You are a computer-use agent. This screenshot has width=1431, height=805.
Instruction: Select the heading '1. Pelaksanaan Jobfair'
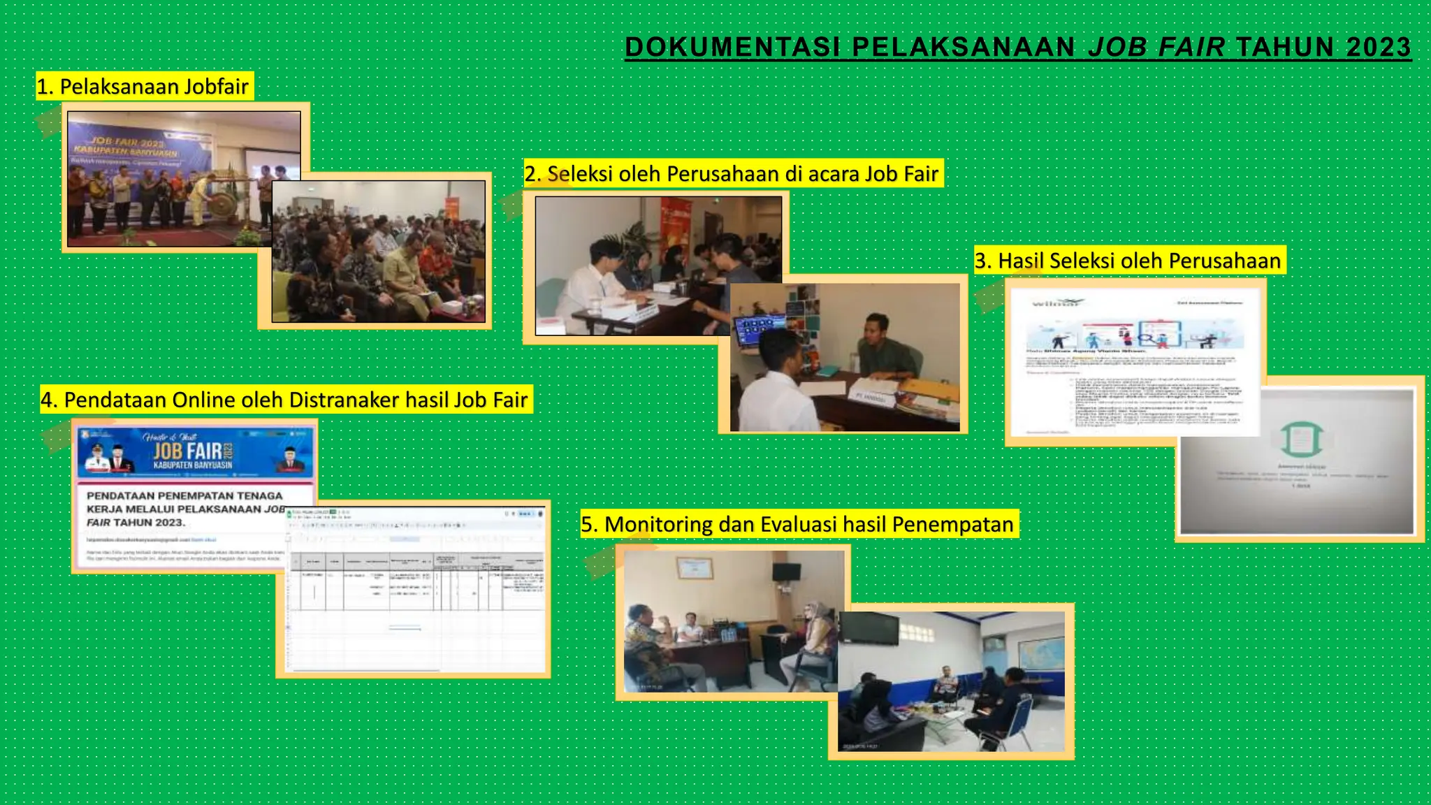pos(143,87)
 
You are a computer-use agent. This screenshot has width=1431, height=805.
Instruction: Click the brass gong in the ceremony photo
pos(223,205)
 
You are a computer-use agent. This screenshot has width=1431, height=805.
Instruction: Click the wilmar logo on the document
pos(1055,303)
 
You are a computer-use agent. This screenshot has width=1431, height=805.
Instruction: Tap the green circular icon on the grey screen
pos(1301,439)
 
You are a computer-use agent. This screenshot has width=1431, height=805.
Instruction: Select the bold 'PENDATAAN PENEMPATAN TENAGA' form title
pos(184,495)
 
